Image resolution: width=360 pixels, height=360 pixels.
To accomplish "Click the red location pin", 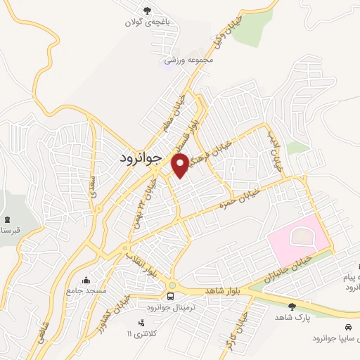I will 181,164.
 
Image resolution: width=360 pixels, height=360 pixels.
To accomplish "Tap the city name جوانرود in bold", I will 137,160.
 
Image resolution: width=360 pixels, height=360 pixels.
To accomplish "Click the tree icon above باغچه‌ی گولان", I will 147,11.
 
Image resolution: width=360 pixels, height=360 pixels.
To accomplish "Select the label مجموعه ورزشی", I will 188,60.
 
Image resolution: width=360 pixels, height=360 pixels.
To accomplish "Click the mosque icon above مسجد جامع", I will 86,280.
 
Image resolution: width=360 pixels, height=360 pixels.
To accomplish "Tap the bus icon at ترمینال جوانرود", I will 171,296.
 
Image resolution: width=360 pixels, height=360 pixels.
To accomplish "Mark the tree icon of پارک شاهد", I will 292,306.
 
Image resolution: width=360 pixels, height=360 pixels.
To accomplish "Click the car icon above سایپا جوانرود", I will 349,328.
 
